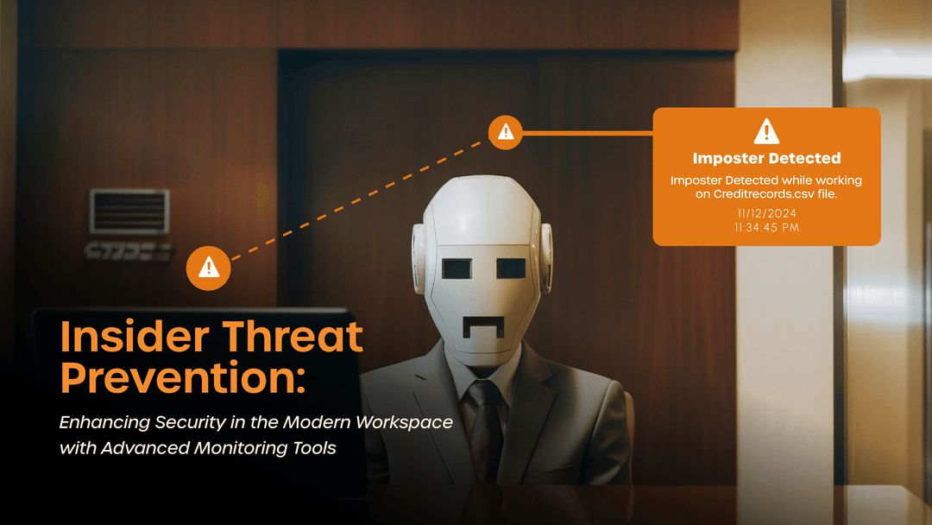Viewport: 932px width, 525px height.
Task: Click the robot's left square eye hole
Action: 457,269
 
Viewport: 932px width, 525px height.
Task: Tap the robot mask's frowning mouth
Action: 484,327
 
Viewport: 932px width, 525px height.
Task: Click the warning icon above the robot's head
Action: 505,132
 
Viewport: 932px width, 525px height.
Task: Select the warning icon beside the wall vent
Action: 208,269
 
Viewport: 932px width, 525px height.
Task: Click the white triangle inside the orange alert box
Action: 766,131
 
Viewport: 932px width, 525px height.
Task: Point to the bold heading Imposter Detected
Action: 767,158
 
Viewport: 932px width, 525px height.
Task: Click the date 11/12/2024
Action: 767,213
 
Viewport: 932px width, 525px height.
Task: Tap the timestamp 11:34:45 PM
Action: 767,228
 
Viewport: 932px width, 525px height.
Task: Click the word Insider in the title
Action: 135,337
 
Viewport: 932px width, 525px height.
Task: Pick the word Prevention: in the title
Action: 183,378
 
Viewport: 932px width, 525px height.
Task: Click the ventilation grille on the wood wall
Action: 129,212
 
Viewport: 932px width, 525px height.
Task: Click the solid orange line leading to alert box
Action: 588,133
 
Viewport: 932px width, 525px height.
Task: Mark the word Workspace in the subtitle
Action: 404,423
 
